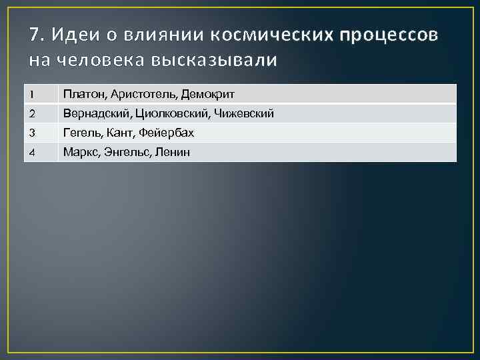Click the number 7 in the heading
point(35,35)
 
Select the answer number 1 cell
point(40,95)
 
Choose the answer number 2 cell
point(40,114)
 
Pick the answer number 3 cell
point(40,133)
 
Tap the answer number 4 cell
point(40,153)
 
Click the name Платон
point(82,95)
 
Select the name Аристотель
point(139,95)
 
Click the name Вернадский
point(93,114)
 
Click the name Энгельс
point(126,153)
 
